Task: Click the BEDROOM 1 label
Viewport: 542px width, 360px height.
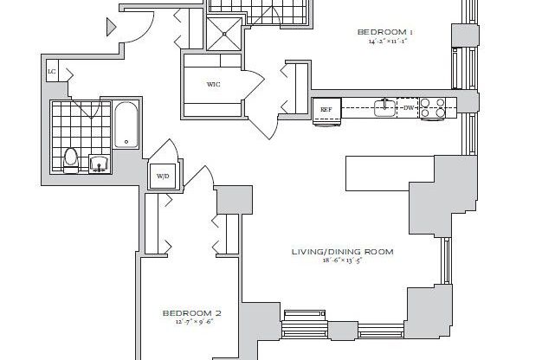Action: pyautogui.click(x=382, y=32)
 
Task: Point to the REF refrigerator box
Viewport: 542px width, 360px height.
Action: pyautogui.click(x=326, y=109)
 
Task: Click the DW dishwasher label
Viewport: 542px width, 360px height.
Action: pyautogui.click(x=408, y=108)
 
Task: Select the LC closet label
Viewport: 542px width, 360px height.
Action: pyautogui.click(x=52, y=72)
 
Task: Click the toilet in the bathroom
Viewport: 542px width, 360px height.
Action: pyautogui.click(x=71, y=157)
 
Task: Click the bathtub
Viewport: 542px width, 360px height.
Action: pyautogui.click(x=126, y=125)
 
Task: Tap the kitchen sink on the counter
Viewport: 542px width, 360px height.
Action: pyautogui.click(x=382, y=109)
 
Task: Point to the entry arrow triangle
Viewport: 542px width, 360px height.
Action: pyautogui.click(x=110, y=28)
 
